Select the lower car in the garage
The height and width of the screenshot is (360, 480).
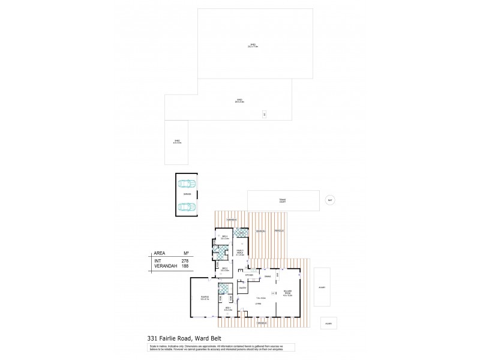[x=187, y=207]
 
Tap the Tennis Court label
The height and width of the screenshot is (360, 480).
[x=282, y=200]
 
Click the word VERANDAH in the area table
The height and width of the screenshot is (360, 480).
[x=164, y=266]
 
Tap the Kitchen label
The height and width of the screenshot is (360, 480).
[x=250, y=276]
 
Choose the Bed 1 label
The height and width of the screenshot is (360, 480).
[x=228, y=308]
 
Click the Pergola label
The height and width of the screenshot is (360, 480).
[x=280, y=231]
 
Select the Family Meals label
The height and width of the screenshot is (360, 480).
[x=239, y=253]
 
